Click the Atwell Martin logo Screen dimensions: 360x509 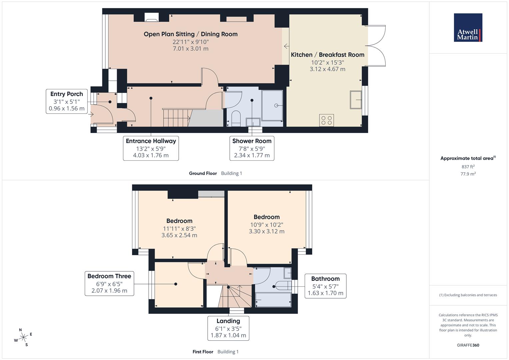pyautogui.click(x=468, y=28)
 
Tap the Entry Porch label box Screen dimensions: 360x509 pyautogui.click(x=67, y=101)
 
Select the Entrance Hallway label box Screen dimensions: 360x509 pyautogui.click(x=151, y=148)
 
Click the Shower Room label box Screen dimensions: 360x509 pyautogui.click(x=252, y=148)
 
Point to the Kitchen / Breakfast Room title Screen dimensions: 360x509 pyautogui.click(x=327, y=55)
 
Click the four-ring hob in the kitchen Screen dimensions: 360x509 pyautogui.click(x=326, y=120)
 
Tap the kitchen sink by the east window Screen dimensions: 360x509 pyautogui.click(x=356, y=99)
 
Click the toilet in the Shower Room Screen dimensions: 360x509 pyautogui.click(x=236, y=118)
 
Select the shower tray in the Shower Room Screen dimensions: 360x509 pyautogui.click(x=272, y=105)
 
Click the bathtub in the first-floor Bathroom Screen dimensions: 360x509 pyautogui.click(x=273, y=300)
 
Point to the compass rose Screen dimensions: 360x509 pyautogui.click(x=23, y=337)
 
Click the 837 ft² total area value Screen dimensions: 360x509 pyautogui.click(x=468, y=167)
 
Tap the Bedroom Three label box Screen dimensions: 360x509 pyautogui.click(x=109, y=283)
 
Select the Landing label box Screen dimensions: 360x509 pyautogui.click(x=228, y=328)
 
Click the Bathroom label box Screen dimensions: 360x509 pyautogui.click(x=325, y=286)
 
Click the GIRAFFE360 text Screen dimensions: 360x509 pyautogui.click(x=468, y=345)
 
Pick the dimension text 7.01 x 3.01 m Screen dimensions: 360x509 pyautogui.click(x=190, y=49)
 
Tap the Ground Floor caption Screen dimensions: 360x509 pyautogui.click(x=203, y=173)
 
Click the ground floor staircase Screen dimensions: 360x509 pyautogui.click(x=176, y=118)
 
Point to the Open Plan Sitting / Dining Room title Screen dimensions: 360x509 pyautogui.click(x=190, y=34)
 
